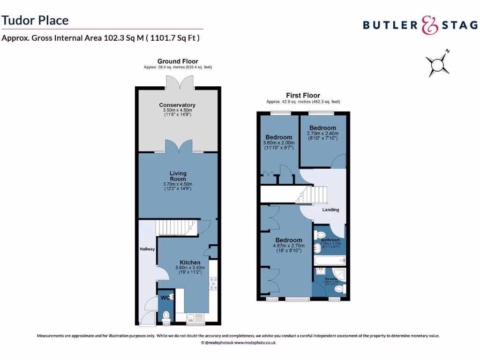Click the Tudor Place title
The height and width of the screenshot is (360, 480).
pyautogui.click(x=35, y=20)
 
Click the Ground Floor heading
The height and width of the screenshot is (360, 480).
pyautogui.click(x=177, y=61)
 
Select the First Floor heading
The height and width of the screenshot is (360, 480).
pyautogui.click(x=303, y=96)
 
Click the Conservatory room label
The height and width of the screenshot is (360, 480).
pyautogui.click(x=177, y=105)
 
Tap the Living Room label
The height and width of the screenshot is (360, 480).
pyautogui.click(x=178, y=176)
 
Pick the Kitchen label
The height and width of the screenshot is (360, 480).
pyautogui.click(x=190, y=262)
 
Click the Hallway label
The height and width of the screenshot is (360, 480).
pyautogui.click(x=147, y=249)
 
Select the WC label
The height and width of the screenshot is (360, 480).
pyautogui.click(x=165, y=298)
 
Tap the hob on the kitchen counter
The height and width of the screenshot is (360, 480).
pyautogui.click(x=214, y=282)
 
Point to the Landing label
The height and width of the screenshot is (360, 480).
pyautogui.click(x=330, y=210)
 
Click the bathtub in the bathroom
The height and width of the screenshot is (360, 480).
pyautogui.click(x=329, y=259)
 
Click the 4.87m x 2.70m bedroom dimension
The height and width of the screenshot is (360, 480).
pyautogui.click(x=287, y=246)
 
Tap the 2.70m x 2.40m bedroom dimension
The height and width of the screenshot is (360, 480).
pyautogui.click(x=322, y=133)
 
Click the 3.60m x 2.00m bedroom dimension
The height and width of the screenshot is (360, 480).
pyautogui.click(x=279, y=142)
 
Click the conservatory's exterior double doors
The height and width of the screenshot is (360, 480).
pyautogui.click(x=177, y=81)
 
